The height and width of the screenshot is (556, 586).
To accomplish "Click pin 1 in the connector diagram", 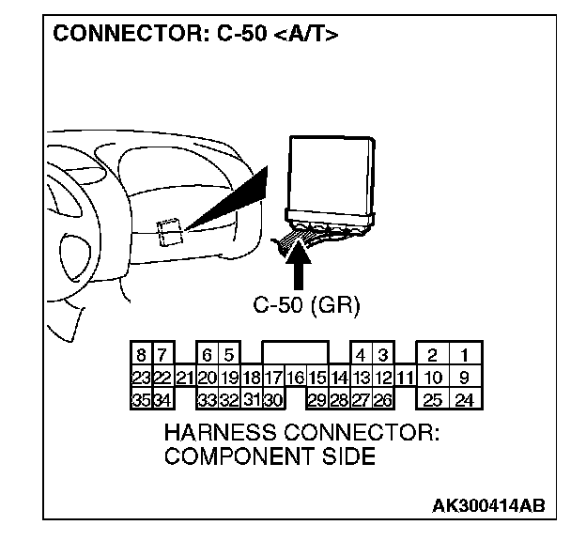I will [464, 356].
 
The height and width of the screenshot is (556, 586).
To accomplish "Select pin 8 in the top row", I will [141, 356].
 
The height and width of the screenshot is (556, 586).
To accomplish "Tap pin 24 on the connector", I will [464, 400].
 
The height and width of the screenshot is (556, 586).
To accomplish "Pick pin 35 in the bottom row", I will [141, 400].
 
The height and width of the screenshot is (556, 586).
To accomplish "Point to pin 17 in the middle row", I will [272, 378].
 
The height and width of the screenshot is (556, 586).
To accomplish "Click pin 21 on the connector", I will [184, 378].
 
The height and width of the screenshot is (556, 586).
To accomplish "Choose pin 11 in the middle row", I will [405, 378].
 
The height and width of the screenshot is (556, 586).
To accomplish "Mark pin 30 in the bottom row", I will [272, 400].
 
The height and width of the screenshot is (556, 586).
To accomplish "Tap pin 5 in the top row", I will [228, 356].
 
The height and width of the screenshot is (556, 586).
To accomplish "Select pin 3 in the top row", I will [383, 356].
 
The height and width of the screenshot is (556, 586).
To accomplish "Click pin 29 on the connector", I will [316, 400].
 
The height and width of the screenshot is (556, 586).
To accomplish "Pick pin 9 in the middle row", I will [464, 378].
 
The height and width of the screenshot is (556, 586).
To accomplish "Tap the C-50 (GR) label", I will [306, 305].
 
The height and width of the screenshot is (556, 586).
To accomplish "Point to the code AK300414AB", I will [487, 506].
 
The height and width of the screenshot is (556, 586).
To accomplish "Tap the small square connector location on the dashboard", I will [170, 231].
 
